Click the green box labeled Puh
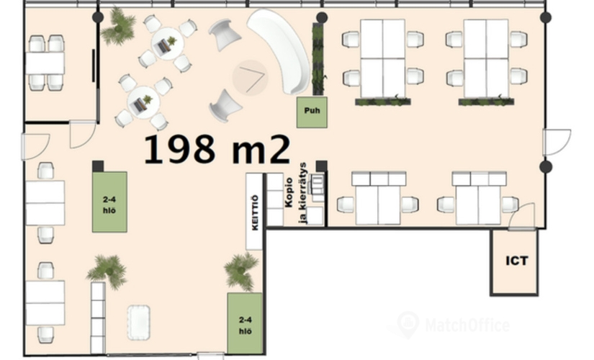pos(312,112)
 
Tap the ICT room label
pos(517,261)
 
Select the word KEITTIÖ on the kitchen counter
pos(255,212)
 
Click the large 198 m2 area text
pos(217,149)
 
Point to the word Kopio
pos(289,192)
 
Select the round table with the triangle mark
pos(250,77)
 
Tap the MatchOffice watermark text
pos(467,325)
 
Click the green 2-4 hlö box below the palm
pos(245,323)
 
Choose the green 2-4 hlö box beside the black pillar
pos(109,202)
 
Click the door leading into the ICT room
pos(522,217)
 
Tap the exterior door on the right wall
pos(557,143)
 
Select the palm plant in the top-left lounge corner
pos(119,27)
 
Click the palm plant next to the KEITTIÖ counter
pos(241,271)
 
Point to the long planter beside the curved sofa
pos(318,59)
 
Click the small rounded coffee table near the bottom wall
pos(139,322)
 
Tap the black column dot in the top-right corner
pos(546,17)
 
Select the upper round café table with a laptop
pos(168,45)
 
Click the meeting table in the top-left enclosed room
pos(45,63)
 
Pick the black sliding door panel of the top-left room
pos(94,66)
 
